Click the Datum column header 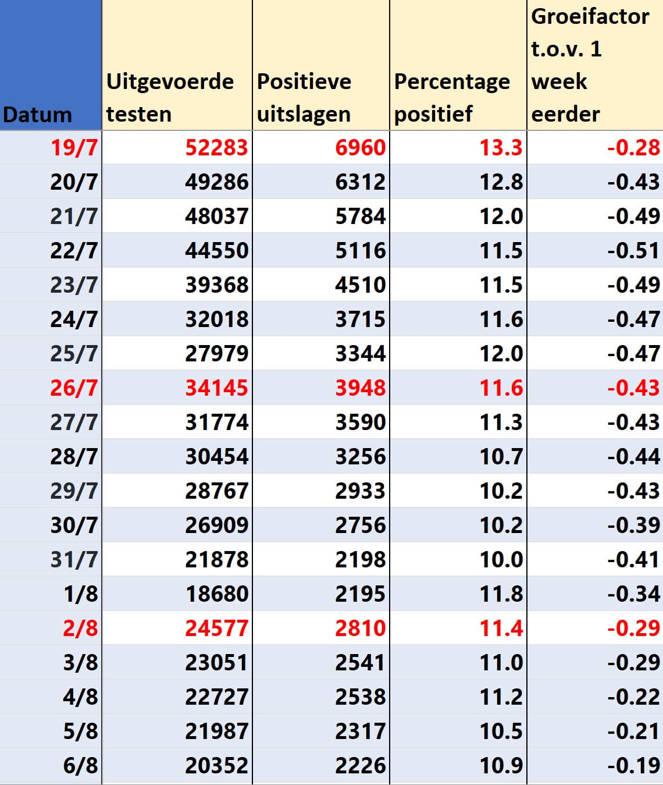[x=37, y=115]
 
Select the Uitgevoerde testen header [x=170, y=98]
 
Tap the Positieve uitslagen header [x=304, y=98]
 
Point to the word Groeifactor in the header [x=590, y=17]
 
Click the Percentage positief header [x=452, y=98]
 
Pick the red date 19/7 [x=74, y=148]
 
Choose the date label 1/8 [x=81, y=594]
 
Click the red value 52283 [x=216, y=147]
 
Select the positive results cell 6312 [x=360, y=182]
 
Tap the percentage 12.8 [x=501, y=182]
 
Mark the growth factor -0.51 [x=634, y=251]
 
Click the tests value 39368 [x=216, y=285]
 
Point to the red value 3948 [x=360, y=388]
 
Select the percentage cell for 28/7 [x=501, y=457]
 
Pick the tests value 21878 [x=216, y=560]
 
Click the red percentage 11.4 [x=501, y=628]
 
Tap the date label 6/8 [x=80, y=766]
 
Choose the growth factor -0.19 [x=634, y=766]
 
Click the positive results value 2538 [x=360, y=697]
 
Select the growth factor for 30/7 [x=634, y=525]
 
